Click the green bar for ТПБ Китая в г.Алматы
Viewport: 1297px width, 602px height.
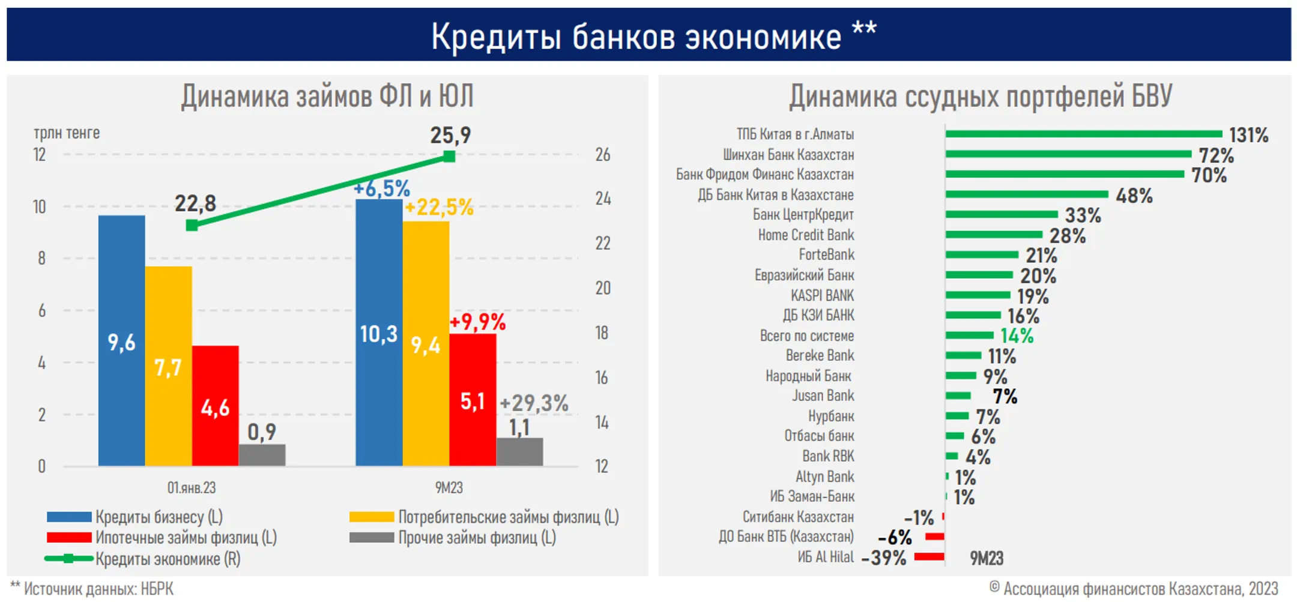pyautogui.click(x=1083, y=134)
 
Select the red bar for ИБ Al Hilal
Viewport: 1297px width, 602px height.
pyautogui.click(x=929, y=557)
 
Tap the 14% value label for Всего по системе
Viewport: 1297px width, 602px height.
pyautogui.click(x=1017, y=336)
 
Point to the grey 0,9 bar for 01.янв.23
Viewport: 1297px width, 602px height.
pyautogui.click(x=262, y=455)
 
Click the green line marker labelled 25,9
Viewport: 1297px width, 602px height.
pyautogui.click(x=449, y=157)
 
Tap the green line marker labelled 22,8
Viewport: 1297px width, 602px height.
pyautogui.click(x=192, y=226)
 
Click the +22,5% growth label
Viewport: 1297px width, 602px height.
pyautogui.click(x=439, y=208)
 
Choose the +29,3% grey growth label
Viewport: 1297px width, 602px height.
pyautogui.click(x=534, y=403)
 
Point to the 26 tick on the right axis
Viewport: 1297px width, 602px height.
pyautogui.click(x=602, y=155)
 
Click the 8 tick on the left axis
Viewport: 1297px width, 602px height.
pyautogui.click(x=41, y=259)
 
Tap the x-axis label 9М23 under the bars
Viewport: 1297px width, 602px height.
pyautogui.click(x=449, y=487)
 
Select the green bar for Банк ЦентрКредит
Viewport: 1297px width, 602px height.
pyautogui.click(x=1001, y=214)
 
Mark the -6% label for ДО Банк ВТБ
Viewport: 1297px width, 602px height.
pyautogui.click(x=895, y=537)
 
